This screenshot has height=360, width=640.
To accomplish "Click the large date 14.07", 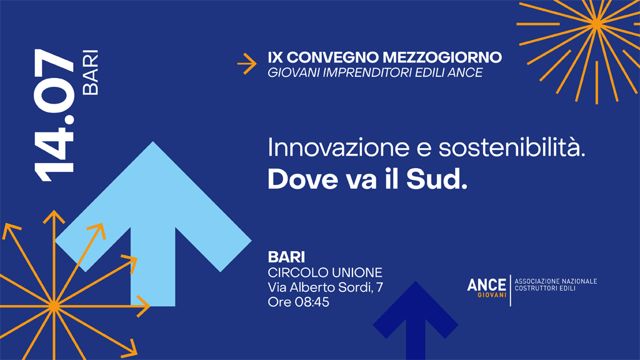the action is [x=54, y=116].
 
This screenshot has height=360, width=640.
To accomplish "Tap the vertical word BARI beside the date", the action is [x=91, y=72].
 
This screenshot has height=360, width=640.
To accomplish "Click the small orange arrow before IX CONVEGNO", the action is [x=247, y=64].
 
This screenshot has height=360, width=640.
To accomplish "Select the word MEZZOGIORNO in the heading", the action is [x=442, y=57].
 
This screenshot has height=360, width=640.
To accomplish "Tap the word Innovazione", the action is [x=338, y=147].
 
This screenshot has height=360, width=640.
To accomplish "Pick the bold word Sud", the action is [x=437, y=179].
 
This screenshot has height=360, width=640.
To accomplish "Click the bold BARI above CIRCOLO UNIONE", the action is [x=286, y=257].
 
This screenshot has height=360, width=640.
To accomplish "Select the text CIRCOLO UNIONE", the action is [x=325, y=272].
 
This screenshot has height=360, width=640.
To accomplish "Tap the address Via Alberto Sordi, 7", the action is [x=325, y=287].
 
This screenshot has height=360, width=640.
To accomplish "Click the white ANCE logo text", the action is [x=486, y=285].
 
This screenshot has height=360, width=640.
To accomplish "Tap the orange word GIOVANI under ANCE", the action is [x=492, y=295].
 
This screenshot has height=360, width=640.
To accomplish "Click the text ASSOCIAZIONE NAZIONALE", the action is [x=556, y=281].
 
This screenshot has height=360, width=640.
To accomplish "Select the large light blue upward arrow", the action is [x=153, y=224].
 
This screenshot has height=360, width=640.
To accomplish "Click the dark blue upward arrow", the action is [x=416, y=321].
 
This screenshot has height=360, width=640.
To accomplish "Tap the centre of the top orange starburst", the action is [x=597, y=24].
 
